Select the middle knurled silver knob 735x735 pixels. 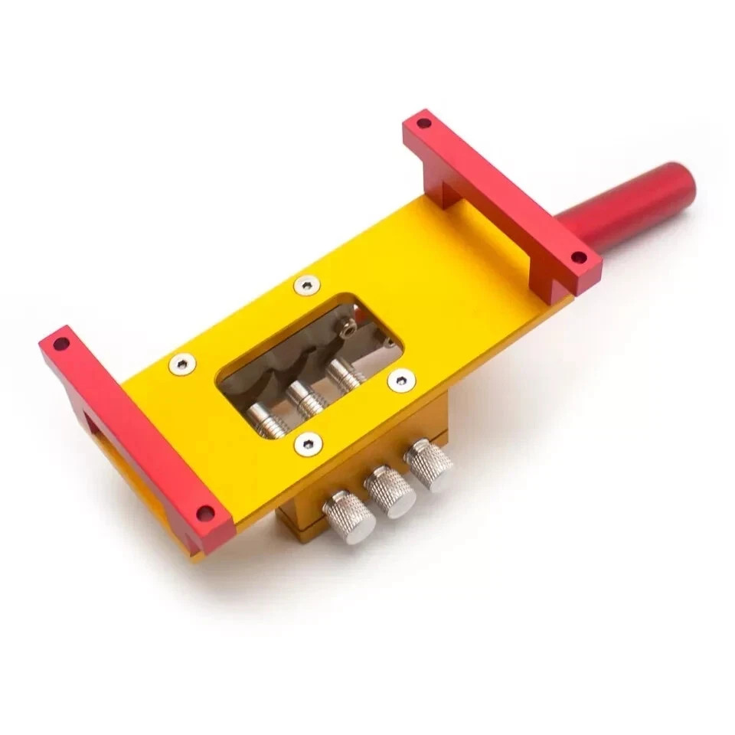[390, 491]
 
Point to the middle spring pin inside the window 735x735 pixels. [305, 397]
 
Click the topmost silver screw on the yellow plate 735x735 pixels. [307, 285]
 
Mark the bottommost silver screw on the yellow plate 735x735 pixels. [308, 443]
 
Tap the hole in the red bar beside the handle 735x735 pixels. [579, 257]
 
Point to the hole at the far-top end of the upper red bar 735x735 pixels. [423, 122]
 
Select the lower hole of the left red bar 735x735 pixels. [204, 512]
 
